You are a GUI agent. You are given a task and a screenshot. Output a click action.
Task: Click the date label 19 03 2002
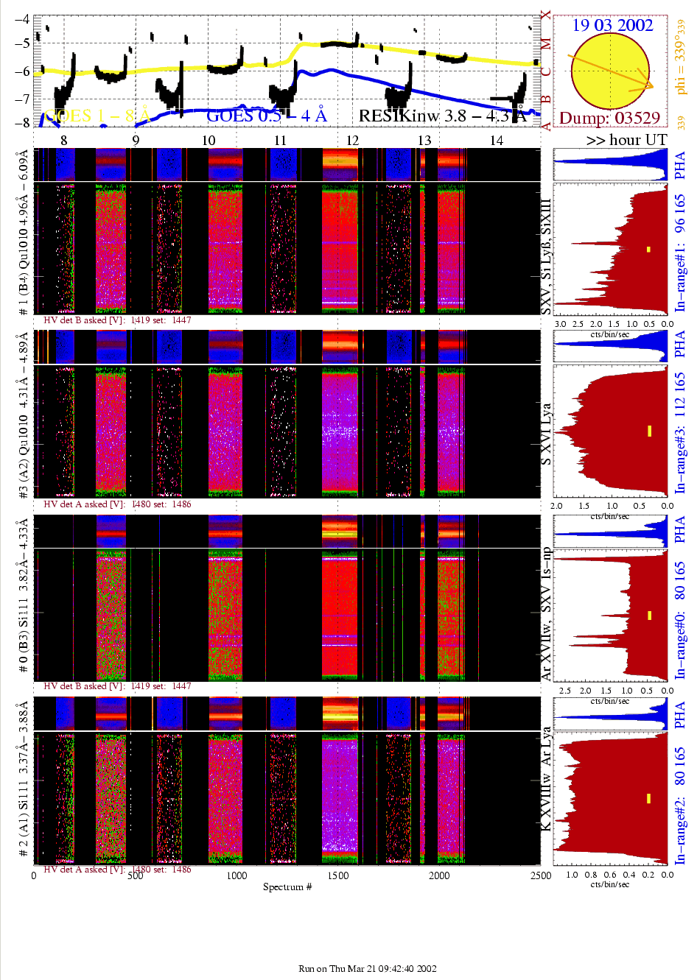[612, 25]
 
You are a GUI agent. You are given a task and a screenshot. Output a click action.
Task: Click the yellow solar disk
[609, 71]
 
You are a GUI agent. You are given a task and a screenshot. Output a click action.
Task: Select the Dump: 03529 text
[609, 119]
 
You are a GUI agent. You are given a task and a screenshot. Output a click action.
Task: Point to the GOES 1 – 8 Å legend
[97, 116]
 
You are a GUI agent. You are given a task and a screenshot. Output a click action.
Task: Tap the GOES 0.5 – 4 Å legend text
[266, 116]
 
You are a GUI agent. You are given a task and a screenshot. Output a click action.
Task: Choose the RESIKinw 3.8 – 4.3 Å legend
[442, 116]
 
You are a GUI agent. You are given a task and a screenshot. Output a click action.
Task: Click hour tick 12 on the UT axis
[352, 141]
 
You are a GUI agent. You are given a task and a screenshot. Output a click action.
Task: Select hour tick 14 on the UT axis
[497, 141]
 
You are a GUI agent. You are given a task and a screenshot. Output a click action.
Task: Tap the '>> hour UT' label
[626, 140]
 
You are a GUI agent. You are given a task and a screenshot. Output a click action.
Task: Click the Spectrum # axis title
[287, 886]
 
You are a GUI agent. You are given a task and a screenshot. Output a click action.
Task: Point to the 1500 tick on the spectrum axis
[338, 875]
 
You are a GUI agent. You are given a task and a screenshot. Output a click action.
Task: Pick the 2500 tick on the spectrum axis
[540, 875]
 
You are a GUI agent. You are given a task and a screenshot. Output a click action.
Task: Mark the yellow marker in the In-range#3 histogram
[649, 431]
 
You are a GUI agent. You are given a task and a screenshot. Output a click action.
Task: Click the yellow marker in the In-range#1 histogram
[648, 250]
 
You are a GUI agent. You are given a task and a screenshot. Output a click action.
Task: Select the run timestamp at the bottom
[367, 968]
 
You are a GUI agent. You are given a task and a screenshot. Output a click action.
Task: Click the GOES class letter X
[545, 15]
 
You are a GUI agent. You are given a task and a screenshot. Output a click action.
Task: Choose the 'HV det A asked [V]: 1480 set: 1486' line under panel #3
[117, 504]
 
